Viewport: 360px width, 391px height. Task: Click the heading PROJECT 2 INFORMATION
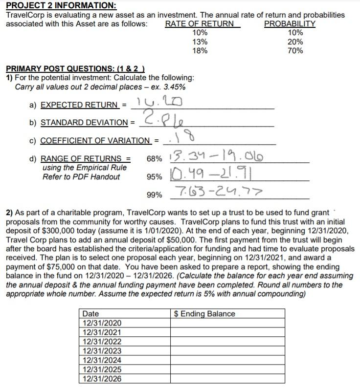[61, 6]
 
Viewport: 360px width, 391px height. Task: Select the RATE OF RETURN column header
[200, 23]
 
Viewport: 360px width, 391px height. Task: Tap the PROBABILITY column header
[290, 23]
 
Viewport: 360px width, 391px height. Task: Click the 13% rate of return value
[200, 42]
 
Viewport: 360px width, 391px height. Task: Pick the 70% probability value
[295, 51]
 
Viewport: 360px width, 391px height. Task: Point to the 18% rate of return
[200, 51]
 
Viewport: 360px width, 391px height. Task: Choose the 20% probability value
[295, 42]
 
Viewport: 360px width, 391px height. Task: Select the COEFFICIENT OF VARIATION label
[95, 141]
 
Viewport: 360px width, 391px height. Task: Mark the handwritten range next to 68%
[215, 157]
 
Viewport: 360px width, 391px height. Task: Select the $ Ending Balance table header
[204, 314]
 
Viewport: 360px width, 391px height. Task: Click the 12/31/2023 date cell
[102, 351]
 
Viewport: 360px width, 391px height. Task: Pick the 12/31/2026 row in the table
[102, 379]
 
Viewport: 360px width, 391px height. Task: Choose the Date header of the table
[90, 314]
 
